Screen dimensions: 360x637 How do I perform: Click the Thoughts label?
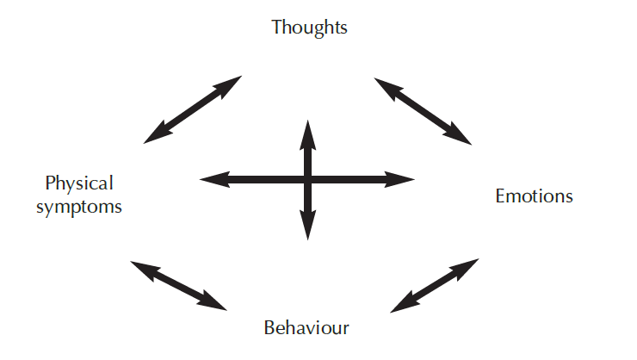click(309, 27)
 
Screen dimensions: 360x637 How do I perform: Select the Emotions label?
click(534, 196)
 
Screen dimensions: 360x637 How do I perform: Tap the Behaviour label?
click(306, 327)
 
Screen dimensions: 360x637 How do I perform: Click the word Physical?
click(79, 183)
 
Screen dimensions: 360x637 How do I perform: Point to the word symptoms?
click(79, 207)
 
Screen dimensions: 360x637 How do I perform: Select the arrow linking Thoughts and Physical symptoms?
click(193, 109)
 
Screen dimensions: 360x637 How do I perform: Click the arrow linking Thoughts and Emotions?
click(423, 111)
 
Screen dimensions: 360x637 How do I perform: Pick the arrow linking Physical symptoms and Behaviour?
click(178, 284)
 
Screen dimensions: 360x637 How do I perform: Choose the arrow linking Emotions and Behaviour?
click(435, 285)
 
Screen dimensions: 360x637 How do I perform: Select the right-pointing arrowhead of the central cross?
click(404, 179)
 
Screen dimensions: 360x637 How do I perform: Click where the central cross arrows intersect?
click(307, 179)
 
